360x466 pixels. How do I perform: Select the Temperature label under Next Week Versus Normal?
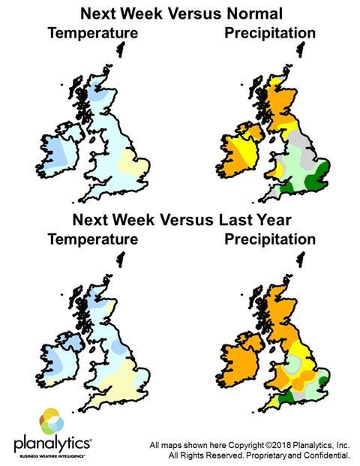(x=92, y=33)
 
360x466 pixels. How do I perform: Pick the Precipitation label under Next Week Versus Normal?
(x=269, y=33)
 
